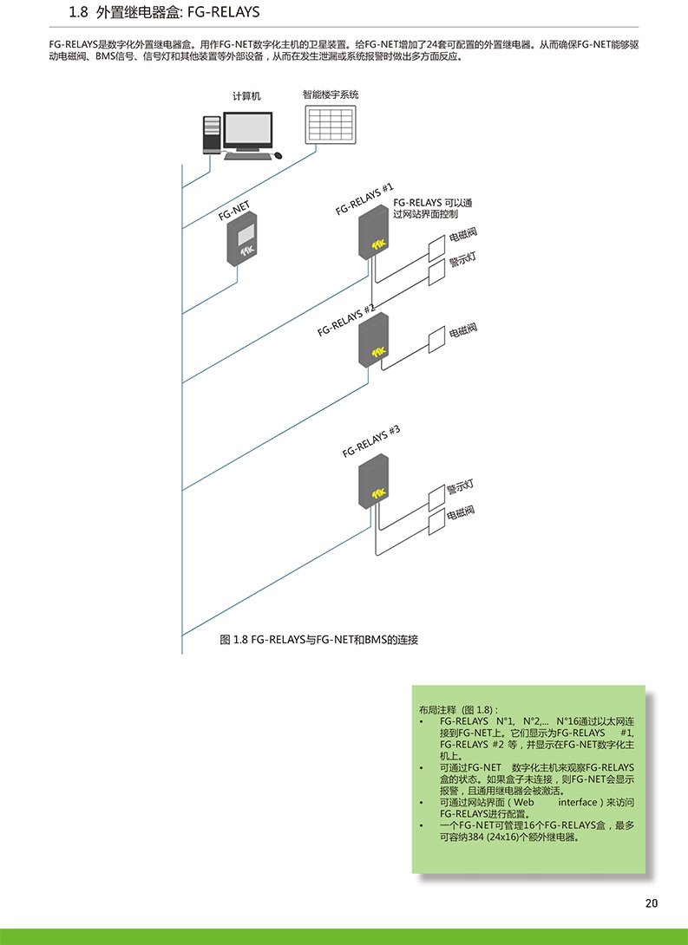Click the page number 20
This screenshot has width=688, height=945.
(x=652, y=903)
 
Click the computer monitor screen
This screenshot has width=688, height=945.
(x=248, y=129)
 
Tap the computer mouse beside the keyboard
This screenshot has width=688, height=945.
(x=278, y=155)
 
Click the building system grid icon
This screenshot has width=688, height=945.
(x=331, y=124)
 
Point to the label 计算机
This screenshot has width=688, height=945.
(x=246, y=96)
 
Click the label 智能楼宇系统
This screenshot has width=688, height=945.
(x=331, y=94)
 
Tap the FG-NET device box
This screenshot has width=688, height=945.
(x=242, y=238)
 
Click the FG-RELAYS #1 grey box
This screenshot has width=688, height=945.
(x=373, y=232)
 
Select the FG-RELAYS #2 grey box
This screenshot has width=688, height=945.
(x=373, y=340)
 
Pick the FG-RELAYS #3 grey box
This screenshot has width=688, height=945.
(x=373, y=481)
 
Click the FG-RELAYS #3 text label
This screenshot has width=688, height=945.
(x=370, y=441)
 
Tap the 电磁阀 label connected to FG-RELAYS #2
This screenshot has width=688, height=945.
(x=463, y=330)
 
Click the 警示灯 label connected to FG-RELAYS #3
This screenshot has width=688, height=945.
(x=460, y=487)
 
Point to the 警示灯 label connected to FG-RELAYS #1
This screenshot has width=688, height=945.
(x=462, y=260)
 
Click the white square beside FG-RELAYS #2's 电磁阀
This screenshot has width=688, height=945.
(x=436, y=340)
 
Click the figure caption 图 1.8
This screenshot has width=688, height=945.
(x=234, y=640)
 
